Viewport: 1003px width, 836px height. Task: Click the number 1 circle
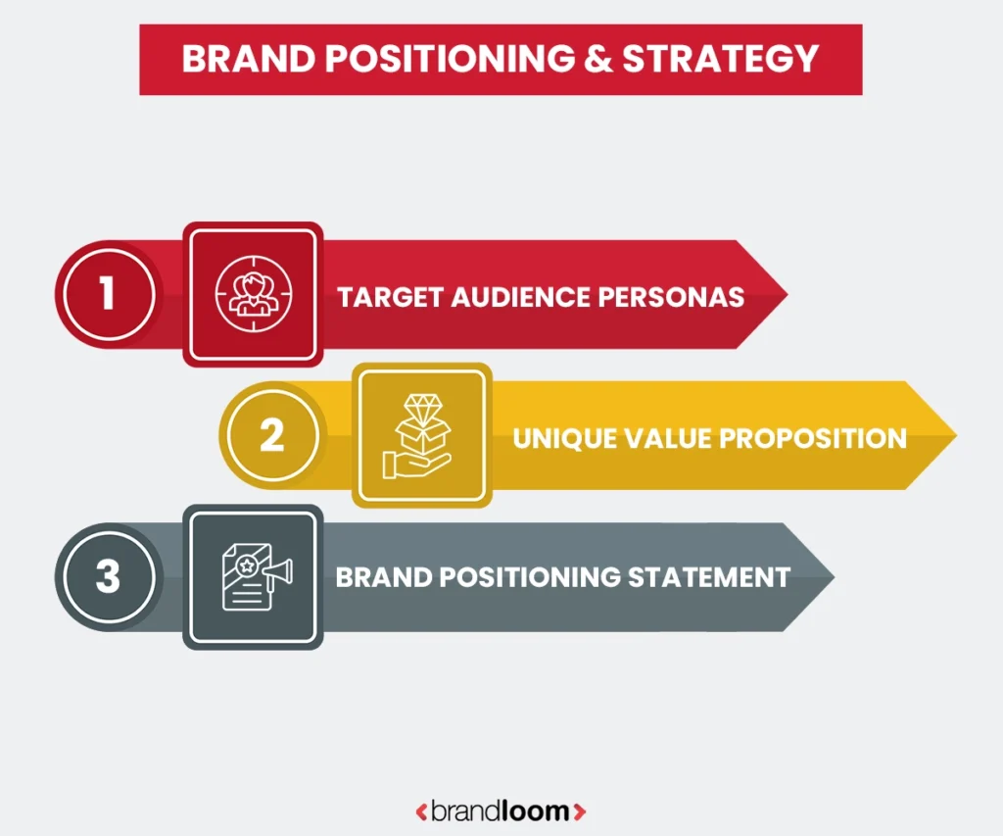(x=107, y=294)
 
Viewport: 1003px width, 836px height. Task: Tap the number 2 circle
(x=270, y=436)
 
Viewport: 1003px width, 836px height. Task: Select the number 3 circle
(x=107, y=576)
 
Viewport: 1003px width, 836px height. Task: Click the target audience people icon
(x=253, y=294)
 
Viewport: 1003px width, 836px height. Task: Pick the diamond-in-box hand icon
(x=421, y=436)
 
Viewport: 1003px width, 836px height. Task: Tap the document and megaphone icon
(x=253, y=577)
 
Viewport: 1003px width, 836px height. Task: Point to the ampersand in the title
(x=594, y=59)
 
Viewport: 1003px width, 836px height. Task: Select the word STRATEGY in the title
(x=720, y=59)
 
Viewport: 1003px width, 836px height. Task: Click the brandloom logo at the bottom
(x=501, y=811)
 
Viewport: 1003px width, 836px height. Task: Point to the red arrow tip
(x=774, y=294)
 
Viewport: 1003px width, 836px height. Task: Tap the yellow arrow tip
(x=942, y=436)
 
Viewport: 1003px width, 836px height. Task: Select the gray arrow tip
(x=821, y=576)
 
